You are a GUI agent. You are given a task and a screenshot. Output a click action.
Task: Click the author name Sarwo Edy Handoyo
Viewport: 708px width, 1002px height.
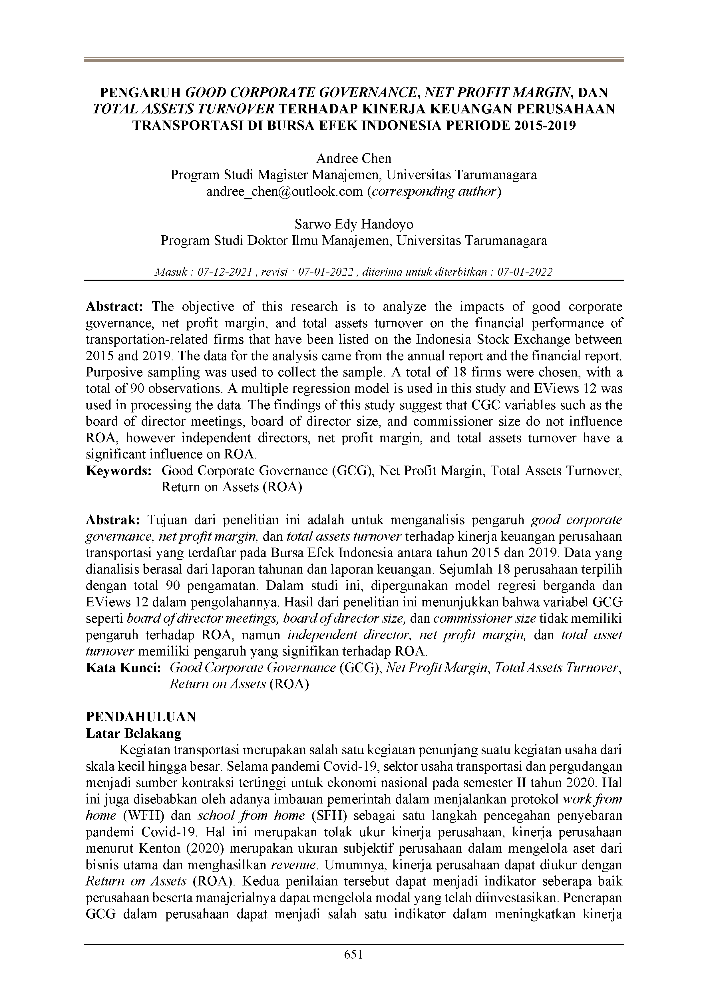coord(354,224)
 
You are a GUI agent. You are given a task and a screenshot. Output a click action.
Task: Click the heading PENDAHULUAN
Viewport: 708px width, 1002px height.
coord(141,717)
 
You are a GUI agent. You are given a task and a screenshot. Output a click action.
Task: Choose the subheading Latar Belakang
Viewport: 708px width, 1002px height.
coord(134,734)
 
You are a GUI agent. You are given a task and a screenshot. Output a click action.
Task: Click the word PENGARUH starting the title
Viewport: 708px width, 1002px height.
coord(141,93)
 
